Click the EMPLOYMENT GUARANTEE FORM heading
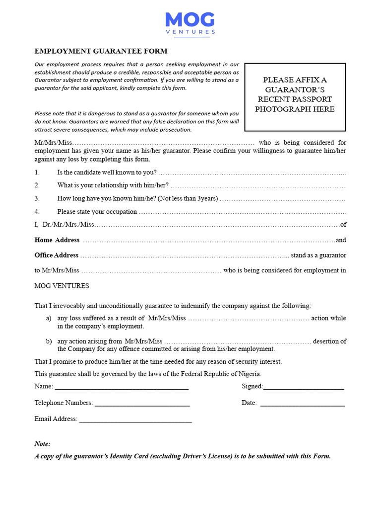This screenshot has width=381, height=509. pyautogui.click(x=101, y=51)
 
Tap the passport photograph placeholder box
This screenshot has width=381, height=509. pyautogui.click(x=295, y=95)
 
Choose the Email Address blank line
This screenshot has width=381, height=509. pyautogui.click(x=135, y=420)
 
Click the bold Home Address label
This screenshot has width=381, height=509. pyautogui.click(x=57, y=240)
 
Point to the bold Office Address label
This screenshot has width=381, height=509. pyautogui.click(x=57, y=255)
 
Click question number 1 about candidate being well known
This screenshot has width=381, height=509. pyautogui.click(x=107, y=172)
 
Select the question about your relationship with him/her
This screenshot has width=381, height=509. pyautogui.click(x=113, y=185)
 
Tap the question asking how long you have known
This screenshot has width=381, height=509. pyautogui.click(x=137, y=198)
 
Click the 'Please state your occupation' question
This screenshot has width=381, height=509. pyautogui.click(x=97, y=212)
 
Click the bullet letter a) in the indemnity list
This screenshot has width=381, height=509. pyautogui.click(x=49, y=318)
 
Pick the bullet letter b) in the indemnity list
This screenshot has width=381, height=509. pyautogui.click(x=49, y=341)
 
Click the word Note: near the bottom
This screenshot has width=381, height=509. pyautogui.click(x=43, y=444)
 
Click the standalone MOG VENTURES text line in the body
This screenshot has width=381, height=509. pyautogui.click(x=62, y=286)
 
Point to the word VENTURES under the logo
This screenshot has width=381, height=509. pyautogui.click(x=190, y=32)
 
